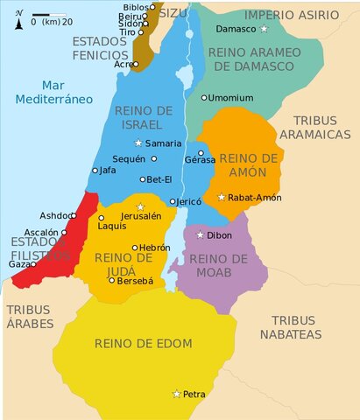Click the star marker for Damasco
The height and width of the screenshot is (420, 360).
coord(265,29)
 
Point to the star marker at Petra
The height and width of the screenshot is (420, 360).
coord(176,395)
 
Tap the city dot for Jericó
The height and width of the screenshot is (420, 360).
coord(173,200)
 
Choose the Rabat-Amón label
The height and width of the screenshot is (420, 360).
coord(254,198)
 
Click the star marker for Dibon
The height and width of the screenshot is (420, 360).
coord(200,234)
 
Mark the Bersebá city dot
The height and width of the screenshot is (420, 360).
coord(111,280)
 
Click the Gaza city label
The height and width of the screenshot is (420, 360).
coord(19,263)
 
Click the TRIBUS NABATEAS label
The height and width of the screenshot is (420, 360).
coord(296,327)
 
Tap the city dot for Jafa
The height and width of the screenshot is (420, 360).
coord(95,171)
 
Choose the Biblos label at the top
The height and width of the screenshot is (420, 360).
coord(134,6)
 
